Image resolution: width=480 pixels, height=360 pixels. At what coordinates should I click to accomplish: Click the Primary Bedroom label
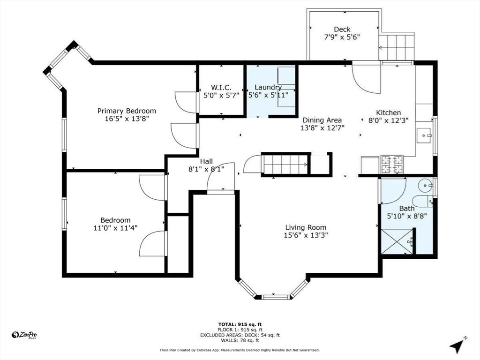pyautogui.click(x=127, y=111)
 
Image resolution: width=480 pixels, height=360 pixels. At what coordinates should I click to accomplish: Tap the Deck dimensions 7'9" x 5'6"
pyautogui.click(x=342, y=37)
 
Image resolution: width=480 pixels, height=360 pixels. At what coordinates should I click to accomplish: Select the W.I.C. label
pyautogui.click(x=221, y=87)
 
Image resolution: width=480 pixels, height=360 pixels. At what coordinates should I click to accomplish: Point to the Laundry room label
pyautogui.click(x=268, y=87)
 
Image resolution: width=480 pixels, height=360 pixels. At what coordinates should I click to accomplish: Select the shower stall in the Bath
pyautogui.click(x=397, y=241)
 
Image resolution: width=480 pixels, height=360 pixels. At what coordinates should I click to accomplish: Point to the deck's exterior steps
pyautogui.click(x=397, y=46)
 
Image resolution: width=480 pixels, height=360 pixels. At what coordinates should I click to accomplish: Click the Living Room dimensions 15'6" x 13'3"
pyautogui.click(x=306, y=235)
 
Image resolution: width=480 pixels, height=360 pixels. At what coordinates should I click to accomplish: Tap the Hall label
pyautogui.click(x=207, y=161)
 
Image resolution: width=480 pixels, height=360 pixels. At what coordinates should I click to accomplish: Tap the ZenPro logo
pyautogui.click(x=24, y=335)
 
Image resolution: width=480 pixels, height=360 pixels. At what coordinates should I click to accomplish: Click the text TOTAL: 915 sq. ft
pyautogui.click(x=240, y=324)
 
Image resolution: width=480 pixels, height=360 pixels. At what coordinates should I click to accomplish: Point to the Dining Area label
pyautogui.click(x=322, y=120)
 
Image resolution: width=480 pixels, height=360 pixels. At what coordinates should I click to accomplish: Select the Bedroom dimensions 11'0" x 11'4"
pyautogui.click(x=115, y=228)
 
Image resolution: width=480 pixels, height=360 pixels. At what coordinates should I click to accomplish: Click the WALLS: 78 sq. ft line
pyautogui.click(x=240, y=341)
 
